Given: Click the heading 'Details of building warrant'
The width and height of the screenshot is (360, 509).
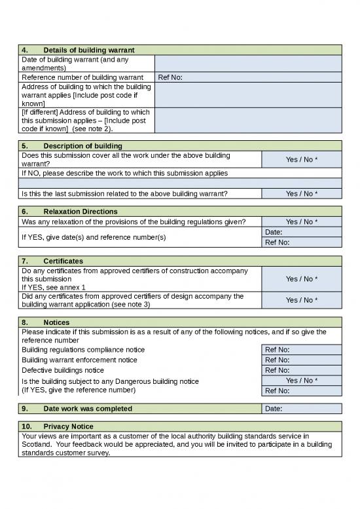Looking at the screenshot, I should pyautogui.click(x=88, y=50).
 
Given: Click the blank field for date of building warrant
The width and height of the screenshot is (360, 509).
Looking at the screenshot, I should pyautogui.click(x=247, y=64).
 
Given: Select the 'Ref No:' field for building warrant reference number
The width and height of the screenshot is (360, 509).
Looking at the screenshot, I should pyautogui.click(x=247, y=77).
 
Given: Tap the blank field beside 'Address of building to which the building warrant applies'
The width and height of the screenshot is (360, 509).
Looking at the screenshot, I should pyautogui.click(x=247, y=94).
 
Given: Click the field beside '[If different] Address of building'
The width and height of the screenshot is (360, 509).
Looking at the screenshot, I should pyautogui.click(x=247, y=120).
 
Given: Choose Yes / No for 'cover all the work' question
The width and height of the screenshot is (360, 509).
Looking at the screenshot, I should pyautogui.click(x=301, y=159).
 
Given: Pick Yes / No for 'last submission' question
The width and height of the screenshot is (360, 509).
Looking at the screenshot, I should pyautogui.click(x=301, y=193).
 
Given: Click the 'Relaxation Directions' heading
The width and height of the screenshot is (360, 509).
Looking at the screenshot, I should pyautogui.click(x=81, y=212).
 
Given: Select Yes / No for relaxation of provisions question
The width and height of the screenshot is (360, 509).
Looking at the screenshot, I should pyautogui.click(x=301, y=222).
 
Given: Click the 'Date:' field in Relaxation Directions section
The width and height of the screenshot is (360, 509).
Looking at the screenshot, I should pyautogui.click(x=301, y=232).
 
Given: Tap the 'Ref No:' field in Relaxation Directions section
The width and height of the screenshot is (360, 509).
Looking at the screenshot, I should pyautogui.click(x=301, y=242).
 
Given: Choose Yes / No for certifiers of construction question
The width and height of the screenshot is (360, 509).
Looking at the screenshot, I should pyautogui.click(x=301, y=278).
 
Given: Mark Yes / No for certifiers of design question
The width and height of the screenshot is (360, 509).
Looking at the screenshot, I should pyautogui.click(x=301, y=300).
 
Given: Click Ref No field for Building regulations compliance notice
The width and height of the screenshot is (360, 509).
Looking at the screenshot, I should pyautogui.click(x=301, y=349).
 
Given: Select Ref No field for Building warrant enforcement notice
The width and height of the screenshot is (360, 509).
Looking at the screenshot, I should pyautogui.click(x=301, y=360).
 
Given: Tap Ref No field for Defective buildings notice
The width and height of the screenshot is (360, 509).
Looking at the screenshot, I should pyautogui.click(x=301, y=370).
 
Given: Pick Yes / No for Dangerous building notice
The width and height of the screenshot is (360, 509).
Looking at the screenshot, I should pyautogui.click(x=301, y=380).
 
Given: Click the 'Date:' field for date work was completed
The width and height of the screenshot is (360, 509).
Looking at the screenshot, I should pyautogui.click(x=301, y=409).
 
